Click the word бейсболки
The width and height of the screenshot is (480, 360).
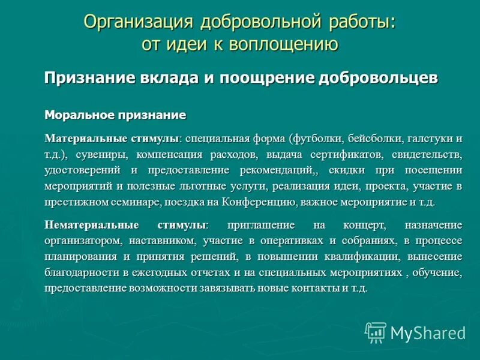369,139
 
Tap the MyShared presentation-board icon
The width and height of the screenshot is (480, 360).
376,332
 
